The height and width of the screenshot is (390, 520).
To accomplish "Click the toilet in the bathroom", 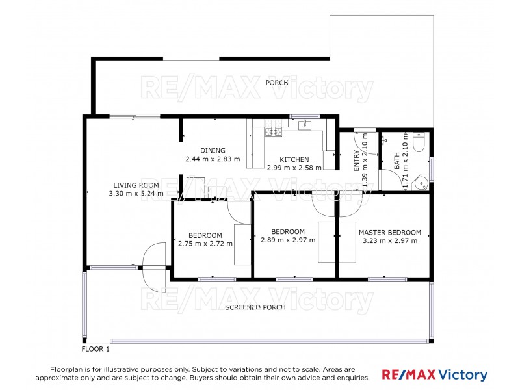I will tap(419, 141).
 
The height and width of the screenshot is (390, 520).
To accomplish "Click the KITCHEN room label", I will tap(294, 159).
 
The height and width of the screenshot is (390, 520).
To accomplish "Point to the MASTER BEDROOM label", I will tap(390, 232).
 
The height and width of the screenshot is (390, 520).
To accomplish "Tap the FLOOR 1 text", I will tap(96, 349).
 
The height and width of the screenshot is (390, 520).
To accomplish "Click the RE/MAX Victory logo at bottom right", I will tap(434, 375).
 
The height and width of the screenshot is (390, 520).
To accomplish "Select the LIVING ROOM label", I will tap(136, 185).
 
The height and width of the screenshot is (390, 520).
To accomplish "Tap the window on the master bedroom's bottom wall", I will tap(387, 279).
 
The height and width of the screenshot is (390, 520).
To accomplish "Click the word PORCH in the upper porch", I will tap(276, 83).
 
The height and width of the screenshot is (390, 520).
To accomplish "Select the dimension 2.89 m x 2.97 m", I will tap(287, 240).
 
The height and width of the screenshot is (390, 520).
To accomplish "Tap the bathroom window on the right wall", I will tap(432, 166).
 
